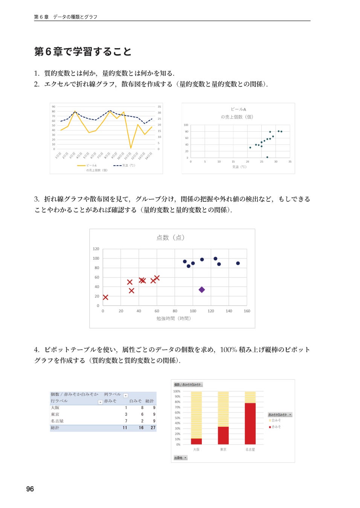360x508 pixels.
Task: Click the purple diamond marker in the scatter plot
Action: [202, 290]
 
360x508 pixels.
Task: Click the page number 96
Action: [30, 489]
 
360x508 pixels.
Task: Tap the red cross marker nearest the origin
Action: [105, 297]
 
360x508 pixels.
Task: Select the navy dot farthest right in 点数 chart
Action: [238, 263]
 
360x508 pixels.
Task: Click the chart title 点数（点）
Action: [171, 237]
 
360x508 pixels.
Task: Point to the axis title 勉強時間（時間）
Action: [174, 318]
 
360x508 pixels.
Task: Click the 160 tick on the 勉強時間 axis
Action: [247, 311]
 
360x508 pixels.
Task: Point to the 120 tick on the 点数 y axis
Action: [96, 249]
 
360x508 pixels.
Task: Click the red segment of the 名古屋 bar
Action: [250, 423]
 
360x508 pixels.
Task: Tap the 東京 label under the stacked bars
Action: [223, 450]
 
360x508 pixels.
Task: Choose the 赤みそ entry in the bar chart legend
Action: [276, 427]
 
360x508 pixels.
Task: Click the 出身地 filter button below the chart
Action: [180, 458]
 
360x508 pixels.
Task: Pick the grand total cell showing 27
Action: [153, 428]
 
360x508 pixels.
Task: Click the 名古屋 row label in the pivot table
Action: [57, 421]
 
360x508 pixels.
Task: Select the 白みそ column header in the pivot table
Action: [136, 401]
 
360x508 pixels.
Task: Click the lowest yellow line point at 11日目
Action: [131, 148]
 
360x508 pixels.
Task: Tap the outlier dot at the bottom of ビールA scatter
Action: [267, 157]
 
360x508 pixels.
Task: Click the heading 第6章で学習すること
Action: [83, 52]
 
